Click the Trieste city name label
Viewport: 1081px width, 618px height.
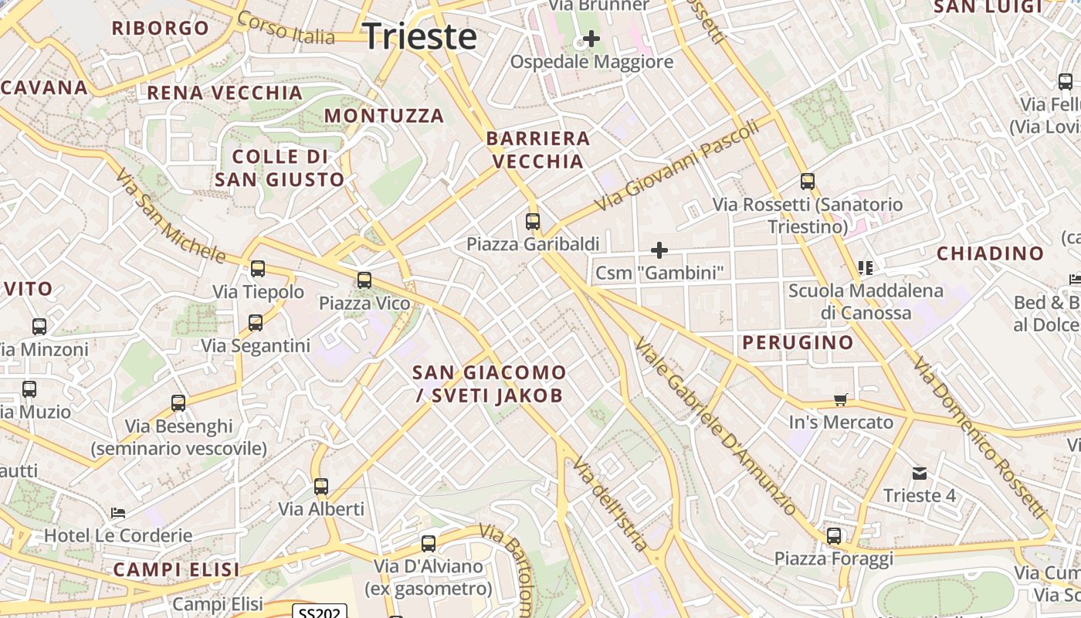point(419,36)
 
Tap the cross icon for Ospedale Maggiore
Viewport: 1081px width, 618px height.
point(591,38)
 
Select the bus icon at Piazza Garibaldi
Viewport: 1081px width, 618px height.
point(533,222)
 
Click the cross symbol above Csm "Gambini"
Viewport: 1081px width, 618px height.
point(659,250)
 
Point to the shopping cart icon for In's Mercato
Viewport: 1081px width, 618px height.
point(841,399)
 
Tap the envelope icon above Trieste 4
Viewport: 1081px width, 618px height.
point(919,473)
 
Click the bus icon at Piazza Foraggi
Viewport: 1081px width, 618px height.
point(834,535)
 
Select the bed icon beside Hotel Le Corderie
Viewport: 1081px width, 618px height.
point(117,512)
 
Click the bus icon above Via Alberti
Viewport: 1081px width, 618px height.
point(321,487)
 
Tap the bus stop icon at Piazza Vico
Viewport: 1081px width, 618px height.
point(364,280)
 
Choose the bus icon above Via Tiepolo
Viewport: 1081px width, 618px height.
point(258,269)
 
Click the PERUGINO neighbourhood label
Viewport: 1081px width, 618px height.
point(798,342)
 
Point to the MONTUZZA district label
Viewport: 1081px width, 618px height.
point(384,116)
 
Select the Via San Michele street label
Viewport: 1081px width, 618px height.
point(171,217)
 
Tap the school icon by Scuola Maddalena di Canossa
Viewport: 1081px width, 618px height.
point(865,268)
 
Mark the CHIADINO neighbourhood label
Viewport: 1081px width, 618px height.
point(990,253)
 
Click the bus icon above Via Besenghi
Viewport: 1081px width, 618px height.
point(178,402)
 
